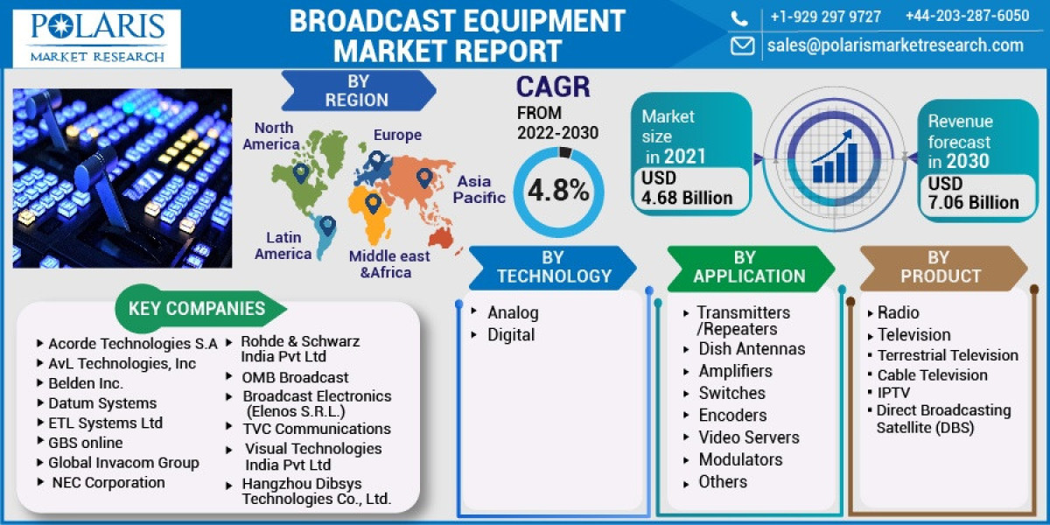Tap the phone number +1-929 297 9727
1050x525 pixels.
tap(825, 17)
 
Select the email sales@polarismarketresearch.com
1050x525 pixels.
tap(895, 45)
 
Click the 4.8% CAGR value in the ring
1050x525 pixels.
tap(557, 191)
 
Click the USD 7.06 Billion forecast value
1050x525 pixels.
tap(973, 193)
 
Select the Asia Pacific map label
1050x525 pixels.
tap(479, 190)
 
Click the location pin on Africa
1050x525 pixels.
tap(373, 205)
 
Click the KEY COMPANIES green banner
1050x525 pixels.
tap(198, 308)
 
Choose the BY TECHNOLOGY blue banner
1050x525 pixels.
tap(553, 267)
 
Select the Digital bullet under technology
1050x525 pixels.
tap(511, 335)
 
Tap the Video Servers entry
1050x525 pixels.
tap(748, 437)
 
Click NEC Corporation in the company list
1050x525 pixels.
tap(108, 482)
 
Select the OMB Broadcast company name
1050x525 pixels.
tap(295, 378)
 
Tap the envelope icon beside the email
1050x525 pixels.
tap(743, 45)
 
